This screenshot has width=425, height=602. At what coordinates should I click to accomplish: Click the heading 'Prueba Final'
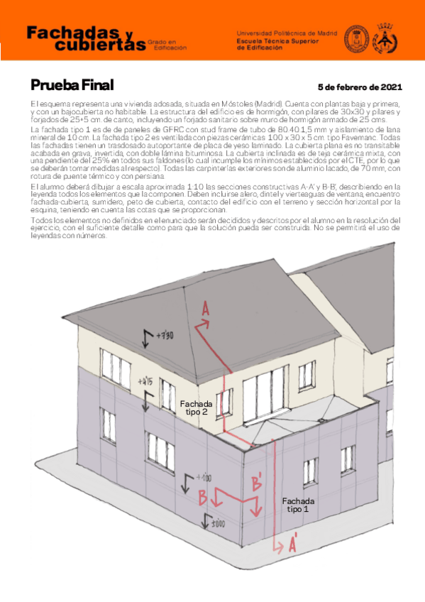point(72,86)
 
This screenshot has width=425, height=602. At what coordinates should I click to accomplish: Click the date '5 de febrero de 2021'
point(360,87)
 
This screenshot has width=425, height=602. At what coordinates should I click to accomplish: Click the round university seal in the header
point(357,38)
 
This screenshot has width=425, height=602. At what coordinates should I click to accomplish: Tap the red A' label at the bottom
point(292,545)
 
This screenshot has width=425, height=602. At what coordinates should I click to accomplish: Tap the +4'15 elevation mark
point(147,381)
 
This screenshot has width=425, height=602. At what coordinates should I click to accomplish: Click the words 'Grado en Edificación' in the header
point(168,45)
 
